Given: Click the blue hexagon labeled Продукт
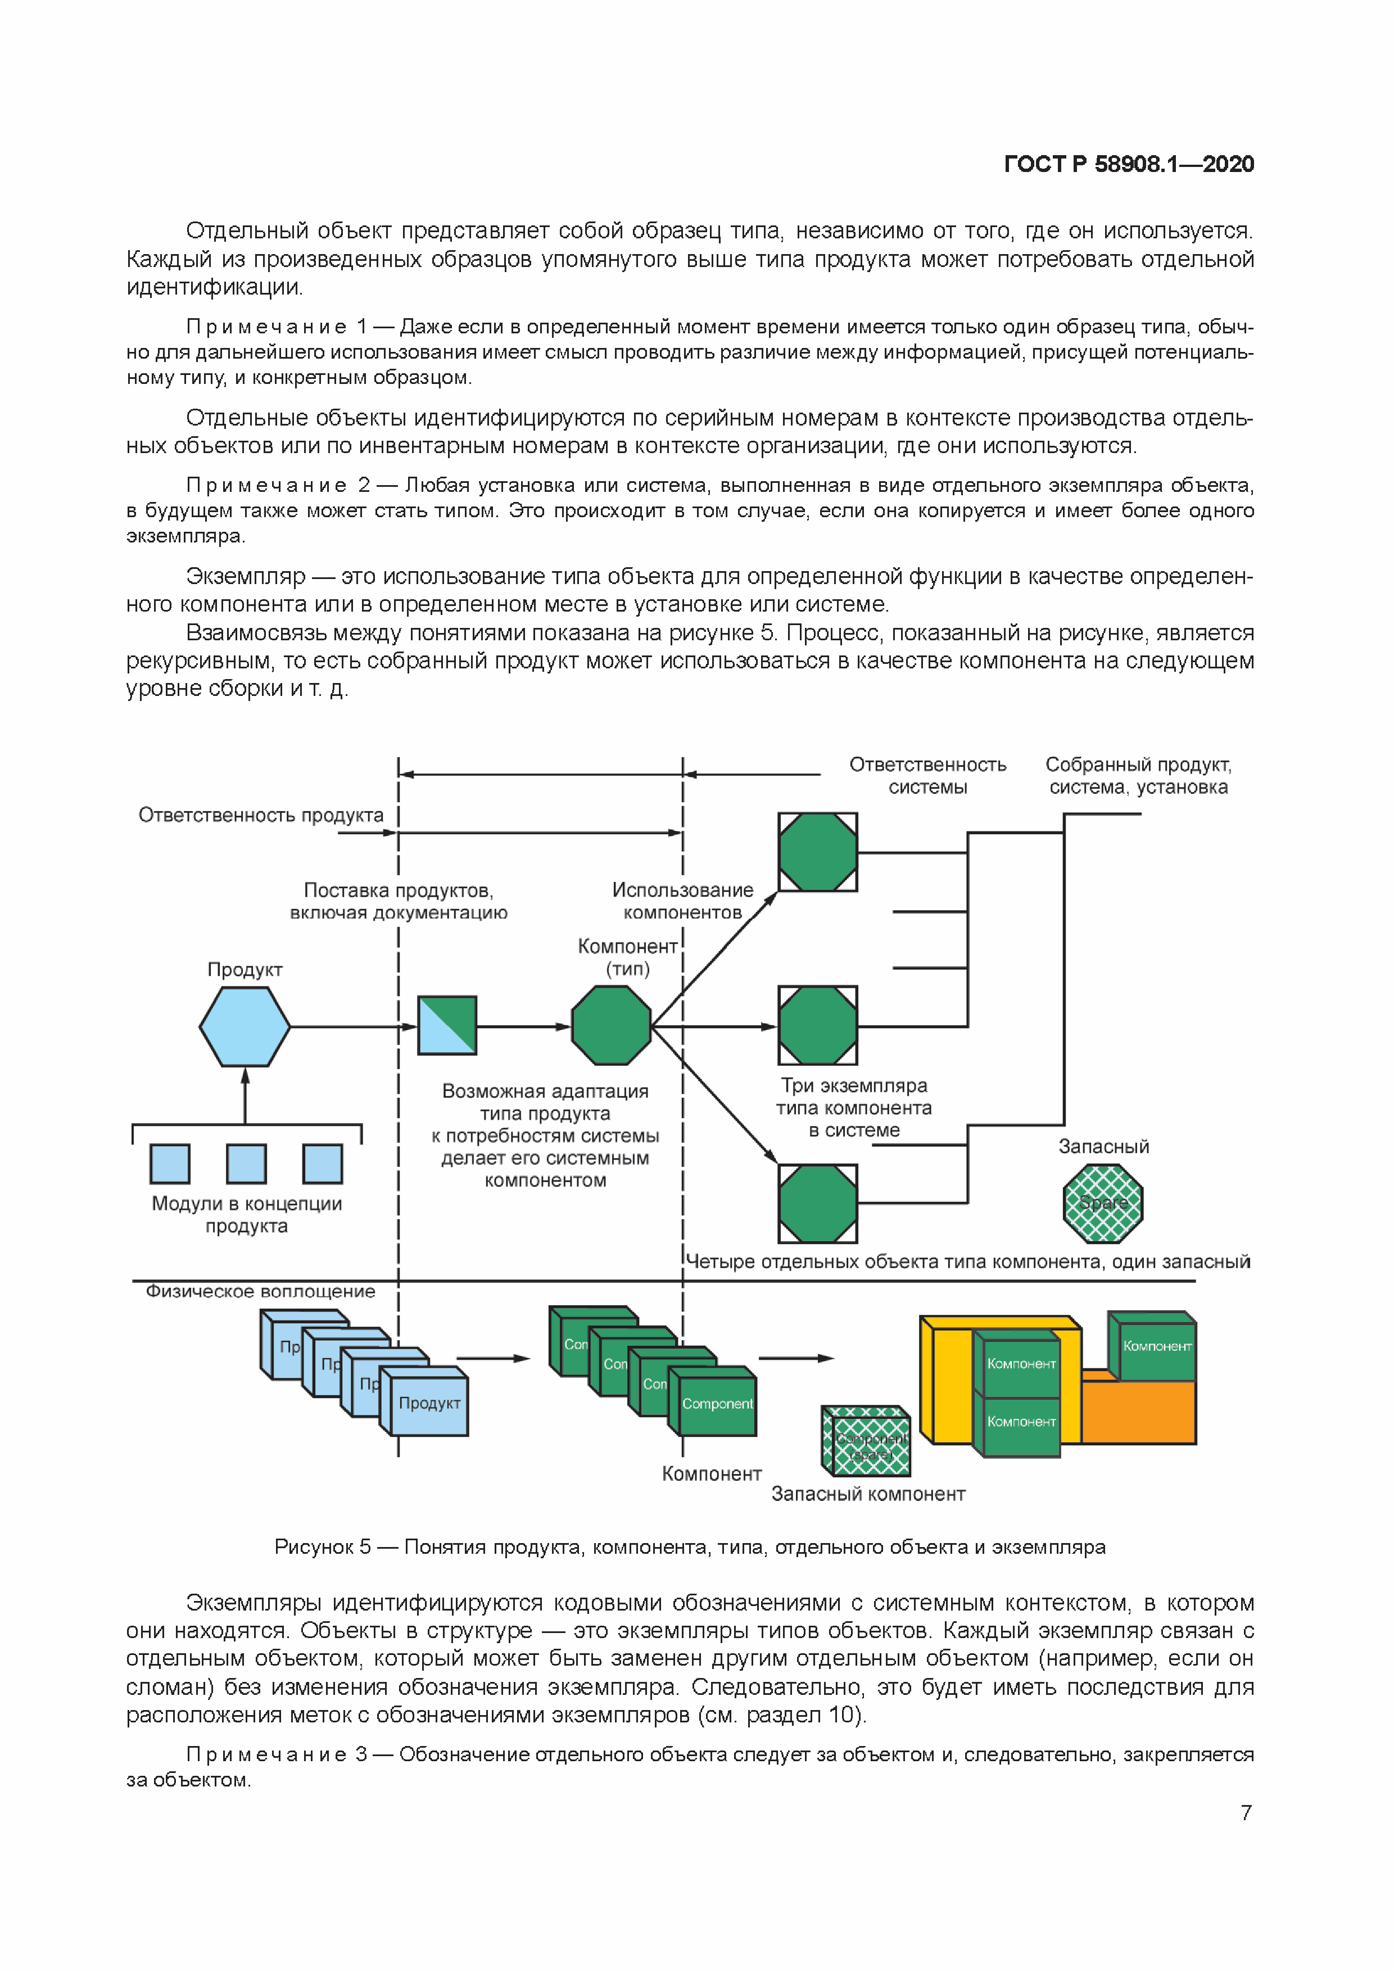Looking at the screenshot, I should [245, 1026].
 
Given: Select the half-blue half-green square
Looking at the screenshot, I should [447, 1025].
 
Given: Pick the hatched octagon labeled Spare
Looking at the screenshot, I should [1103, 1204].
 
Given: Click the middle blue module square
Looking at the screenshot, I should [247, 1164].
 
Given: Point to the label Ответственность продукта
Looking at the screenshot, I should [261, 815].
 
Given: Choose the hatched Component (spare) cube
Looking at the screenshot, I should [867, 1444].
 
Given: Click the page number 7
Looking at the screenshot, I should [1246, 1812].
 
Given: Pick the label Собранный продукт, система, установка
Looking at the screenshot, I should [1138, 776].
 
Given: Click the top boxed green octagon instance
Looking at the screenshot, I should [818, 852].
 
